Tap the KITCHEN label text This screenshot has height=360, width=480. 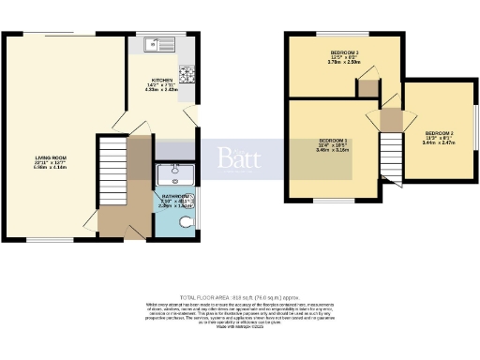click(x=161, y=81)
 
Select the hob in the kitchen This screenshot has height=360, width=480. click(x=186, y=73)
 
